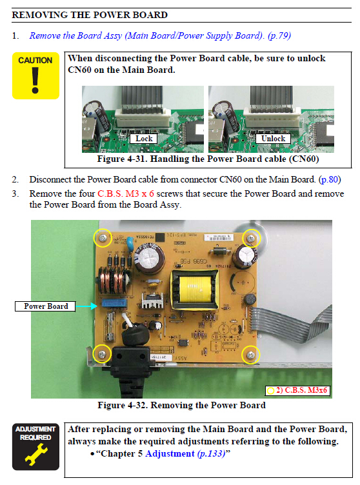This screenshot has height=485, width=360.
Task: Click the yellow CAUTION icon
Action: pyautogui.click(x=35, y=76)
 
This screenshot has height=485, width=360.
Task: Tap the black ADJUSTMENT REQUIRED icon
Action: pyautogui.click(x=35, y=447)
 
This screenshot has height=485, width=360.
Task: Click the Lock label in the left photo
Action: pyautogui.click(x=144, y=139)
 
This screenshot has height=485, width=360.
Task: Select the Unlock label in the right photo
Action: pyautogui.click(x=273, y=139)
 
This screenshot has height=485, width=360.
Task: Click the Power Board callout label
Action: pyautogui.click(x=46, y=306)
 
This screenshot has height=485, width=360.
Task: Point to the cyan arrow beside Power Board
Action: pyautogui.click(x=86, y=306)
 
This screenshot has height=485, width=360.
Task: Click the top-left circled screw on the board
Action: pyautogui.click(x=103, y=238)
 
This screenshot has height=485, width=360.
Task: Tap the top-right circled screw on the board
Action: pyautogui.click(x=251, y=238)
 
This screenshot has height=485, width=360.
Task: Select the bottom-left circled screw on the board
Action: pyautogui.click(x=102, y=353)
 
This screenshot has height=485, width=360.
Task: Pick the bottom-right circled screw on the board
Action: pyautogui.click(x=251, y=355)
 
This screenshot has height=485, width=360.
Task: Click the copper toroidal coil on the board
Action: pyautogui.click(x=113, y=281)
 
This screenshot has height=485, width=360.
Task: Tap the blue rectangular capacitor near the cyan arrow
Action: pyautogui.click(x=114, y=303)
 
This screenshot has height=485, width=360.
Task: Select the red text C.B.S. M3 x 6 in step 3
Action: pyautogui.click(x=126, y=193)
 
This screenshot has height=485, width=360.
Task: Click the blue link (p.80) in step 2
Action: pyautogui.click(x=330, y=179)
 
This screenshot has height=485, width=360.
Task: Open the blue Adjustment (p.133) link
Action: pyautogui.click(x=185, y=453)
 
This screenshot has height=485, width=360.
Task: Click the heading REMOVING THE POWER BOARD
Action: pyautogui.click(x=90, y=15)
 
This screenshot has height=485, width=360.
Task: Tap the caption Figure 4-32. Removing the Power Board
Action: pyautogui.click(x=182, y=405)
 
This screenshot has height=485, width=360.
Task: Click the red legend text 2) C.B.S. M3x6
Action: pyautogui.click(x=301, y=390)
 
